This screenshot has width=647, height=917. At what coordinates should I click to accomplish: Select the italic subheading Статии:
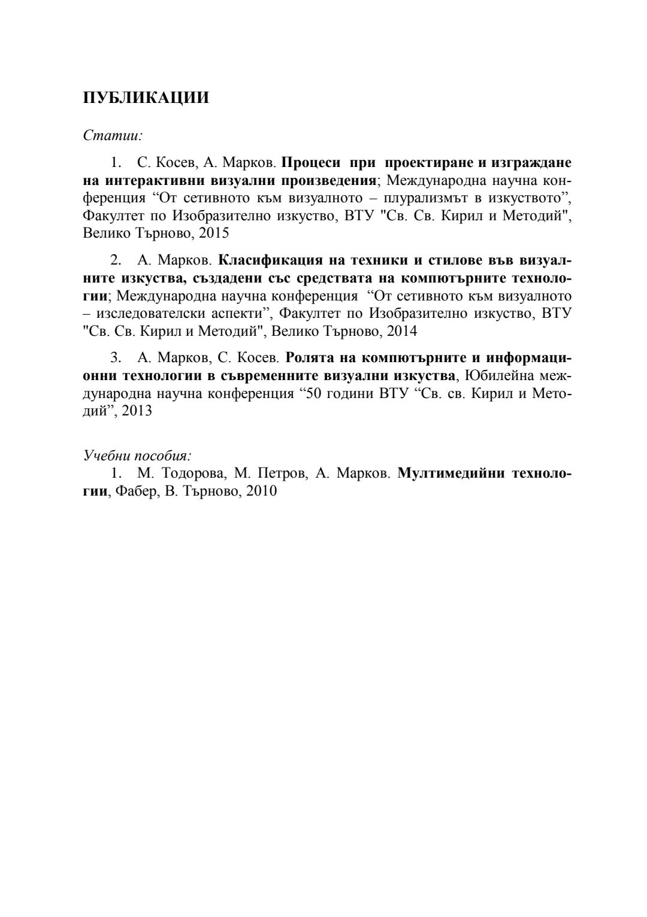113,135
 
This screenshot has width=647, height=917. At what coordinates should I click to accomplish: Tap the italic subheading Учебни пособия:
137,456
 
